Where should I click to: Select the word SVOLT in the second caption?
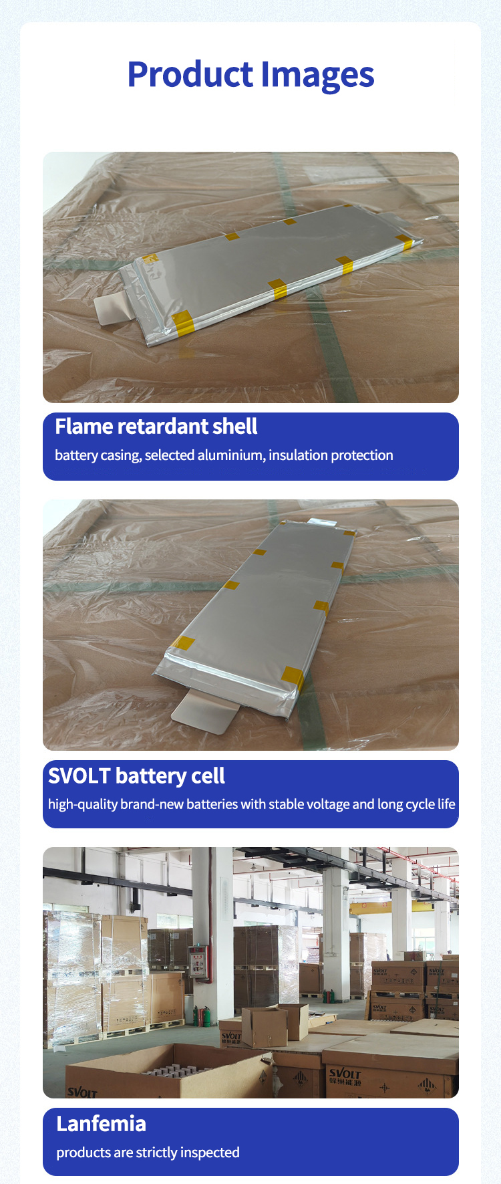[79, 776]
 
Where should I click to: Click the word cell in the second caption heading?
[208, 776]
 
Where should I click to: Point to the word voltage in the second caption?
[325, 804]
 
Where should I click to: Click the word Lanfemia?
[101, 1124]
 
